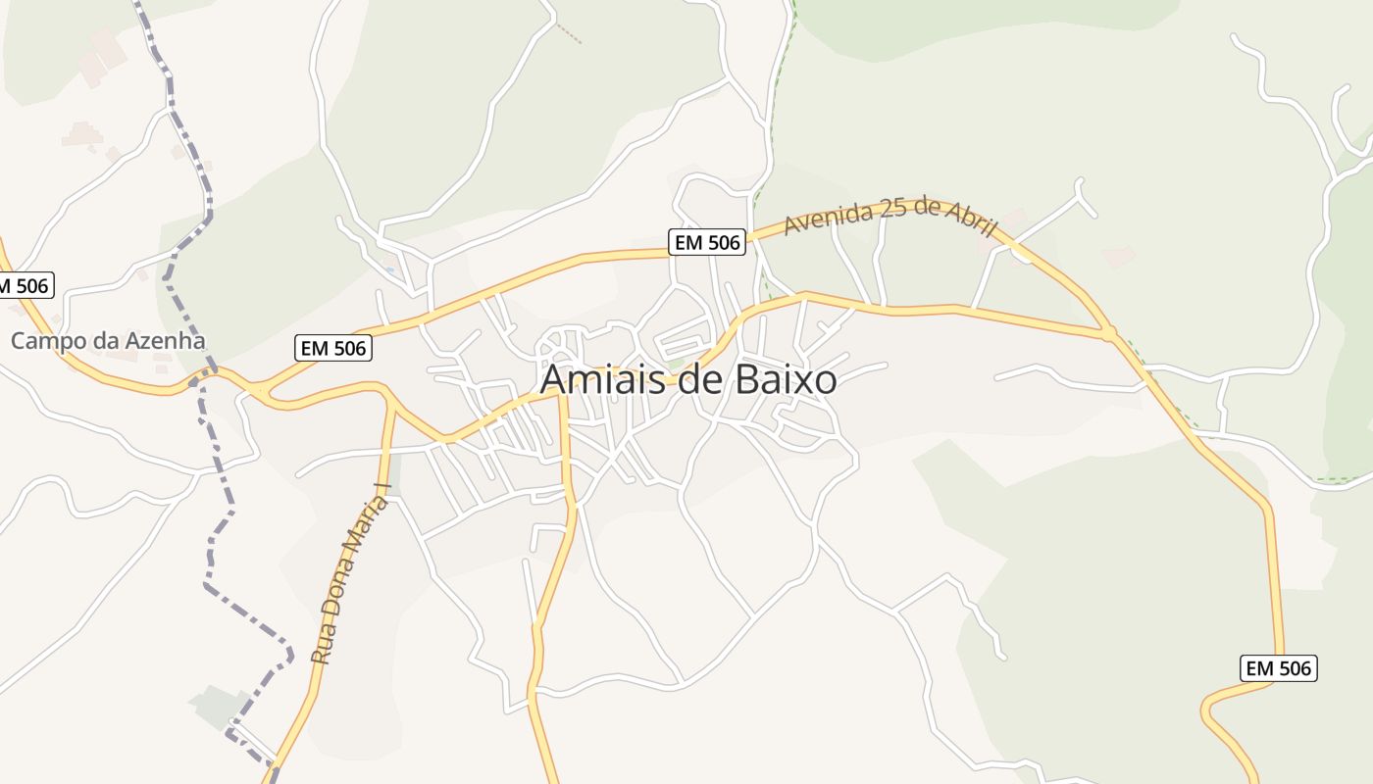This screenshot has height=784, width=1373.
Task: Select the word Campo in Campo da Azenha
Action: coord(44,341)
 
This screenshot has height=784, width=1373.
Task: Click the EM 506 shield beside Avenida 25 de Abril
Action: coord(707,242)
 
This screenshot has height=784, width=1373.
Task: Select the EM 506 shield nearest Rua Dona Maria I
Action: coord(333,347)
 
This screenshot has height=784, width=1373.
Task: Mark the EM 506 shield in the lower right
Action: coord(1279,668)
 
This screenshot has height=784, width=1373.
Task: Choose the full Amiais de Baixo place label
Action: coord(688,380)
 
